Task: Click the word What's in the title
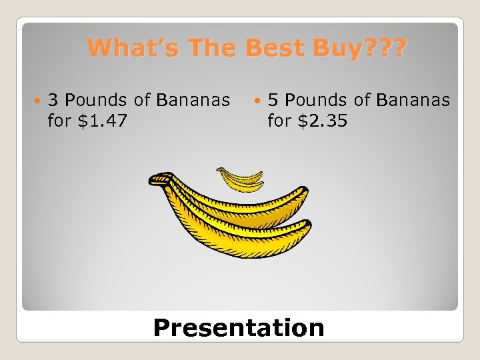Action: point(127,48)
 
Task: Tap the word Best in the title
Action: point(273,48)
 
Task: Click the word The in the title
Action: point(206,48)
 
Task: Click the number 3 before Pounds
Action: point(54,101)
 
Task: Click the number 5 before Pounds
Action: point(273,101)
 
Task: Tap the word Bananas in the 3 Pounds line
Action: point(193,101)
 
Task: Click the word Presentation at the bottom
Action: point(239,327)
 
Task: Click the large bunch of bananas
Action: point(233,217)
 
